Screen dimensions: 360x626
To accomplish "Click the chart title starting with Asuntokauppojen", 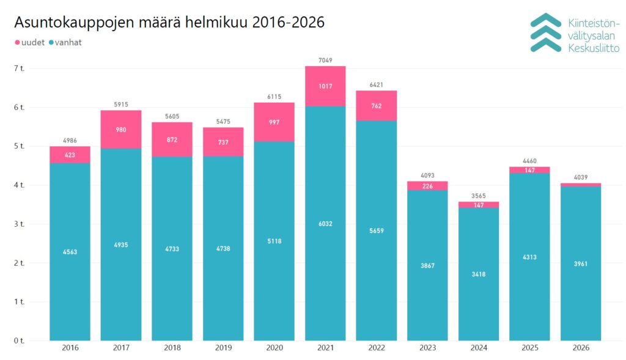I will [169, 23].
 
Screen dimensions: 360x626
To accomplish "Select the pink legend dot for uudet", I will [17, 42].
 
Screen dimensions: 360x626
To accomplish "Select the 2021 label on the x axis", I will [325, 348].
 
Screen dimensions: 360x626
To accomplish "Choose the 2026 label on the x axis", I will [581, 348].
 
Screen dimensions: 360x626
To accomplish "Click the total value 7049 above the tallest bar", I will [325, 60].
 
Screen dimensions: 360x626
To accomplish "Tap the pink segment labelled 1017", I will [325, 86].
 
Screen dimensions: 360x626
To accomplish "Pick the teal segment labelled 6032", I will [325, 224].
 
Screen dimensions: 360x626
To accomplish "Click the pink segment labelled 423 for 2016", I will [70, 155].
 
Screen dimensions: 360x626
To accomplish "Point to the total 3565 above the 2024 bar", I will [479, 196].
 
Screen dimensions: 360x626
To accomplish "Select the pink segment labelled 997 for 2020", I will [274, 123].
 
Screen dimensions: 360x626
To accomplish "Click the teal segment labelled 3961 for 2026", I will [581, 264].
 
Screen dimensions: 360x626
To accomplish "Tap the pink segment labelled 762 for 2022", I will [376, 105].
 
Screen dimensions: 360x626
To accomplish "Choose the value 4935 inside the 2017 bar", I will [121, 245].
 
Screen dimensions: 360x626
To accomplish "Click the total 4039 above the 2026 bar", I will [581, 177].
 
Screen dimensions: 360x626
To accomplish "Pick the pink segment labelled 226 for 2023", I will [427, 186].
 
